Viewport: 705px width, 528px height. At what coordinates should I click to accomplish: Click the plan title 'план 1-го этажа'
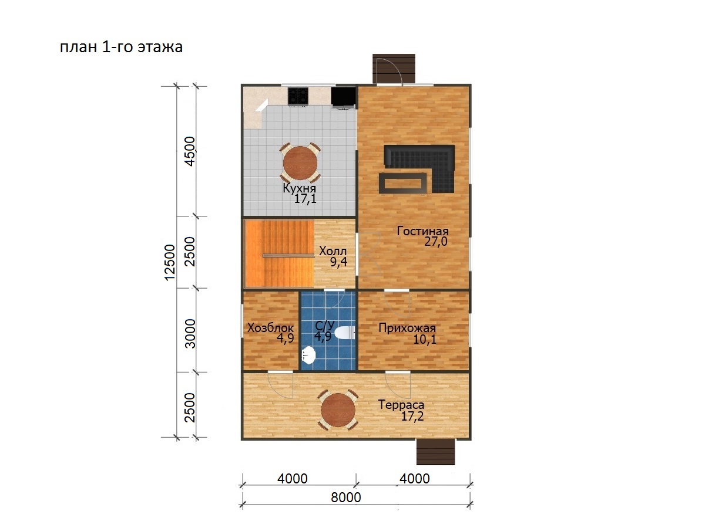(122, 47)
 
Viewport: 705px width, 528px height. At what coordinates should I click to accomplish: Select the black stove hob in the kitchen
(298, 96)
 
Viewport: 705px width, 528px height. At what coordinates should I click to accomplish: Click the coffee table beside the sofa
(403, 183)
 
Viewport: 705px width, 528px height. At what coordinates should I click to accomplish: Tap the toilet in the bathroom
(344, 333)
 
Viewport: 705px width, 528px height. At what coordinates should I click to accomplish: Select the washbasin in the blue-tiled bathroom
(308, 355)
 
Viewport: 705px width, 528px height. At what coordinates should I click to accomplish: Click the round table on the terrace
(338, 410)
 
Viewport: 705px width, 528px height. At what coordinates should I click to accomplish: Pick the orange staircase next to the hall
(280, 253)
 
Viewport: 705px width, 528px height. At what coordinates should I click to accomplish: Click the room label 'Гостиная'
(422, 231)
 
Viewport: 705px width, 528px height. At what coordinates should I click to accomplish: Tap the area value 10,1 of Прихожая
(425, 340)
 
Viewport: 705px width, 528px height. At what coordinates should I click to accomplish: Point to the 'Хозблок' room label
(270, 327)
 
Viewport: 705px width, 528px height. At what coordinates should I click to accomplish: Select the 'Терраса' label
(401, 405)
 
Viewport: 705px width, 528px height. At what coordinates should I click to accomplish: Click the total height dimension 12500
(170, 263)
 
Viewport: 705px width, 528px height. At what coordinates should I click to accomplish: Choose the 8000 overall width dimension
(346, 497)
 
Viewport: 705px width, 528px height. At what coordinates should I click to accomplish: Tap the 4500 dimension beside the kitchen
(190, 151)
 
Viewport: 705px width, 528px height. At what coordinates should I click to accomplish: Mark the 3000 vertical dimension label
(190, 333)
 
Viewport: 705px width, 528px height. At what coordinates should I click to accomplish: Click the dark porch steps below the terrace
(436, 452)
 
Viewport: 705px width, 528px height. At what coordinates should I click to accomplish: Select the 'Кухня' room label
(300, 188)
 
